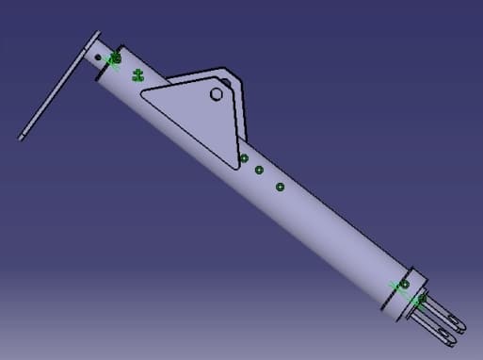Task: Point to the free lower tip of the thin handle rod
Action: tap(22, 138)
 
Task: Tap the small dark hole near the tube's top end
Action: tap(98, 56)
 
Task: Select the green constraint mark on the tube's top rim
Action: tap(115, 59)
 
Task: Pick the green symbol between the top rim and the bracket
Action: tap(137, 74)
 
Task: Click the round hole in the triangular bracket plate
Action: tap(216, 94)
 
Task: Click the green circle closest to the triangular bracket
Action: tap(244, 157)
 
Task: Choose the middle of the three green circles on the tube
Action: tap(259, 171)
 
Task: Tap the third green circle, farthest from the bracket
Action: tap(280, 187)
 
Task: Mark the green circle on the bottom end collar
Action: tap(405, 284)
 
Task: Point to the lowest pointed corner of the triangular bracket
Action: tap(234, 167)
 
